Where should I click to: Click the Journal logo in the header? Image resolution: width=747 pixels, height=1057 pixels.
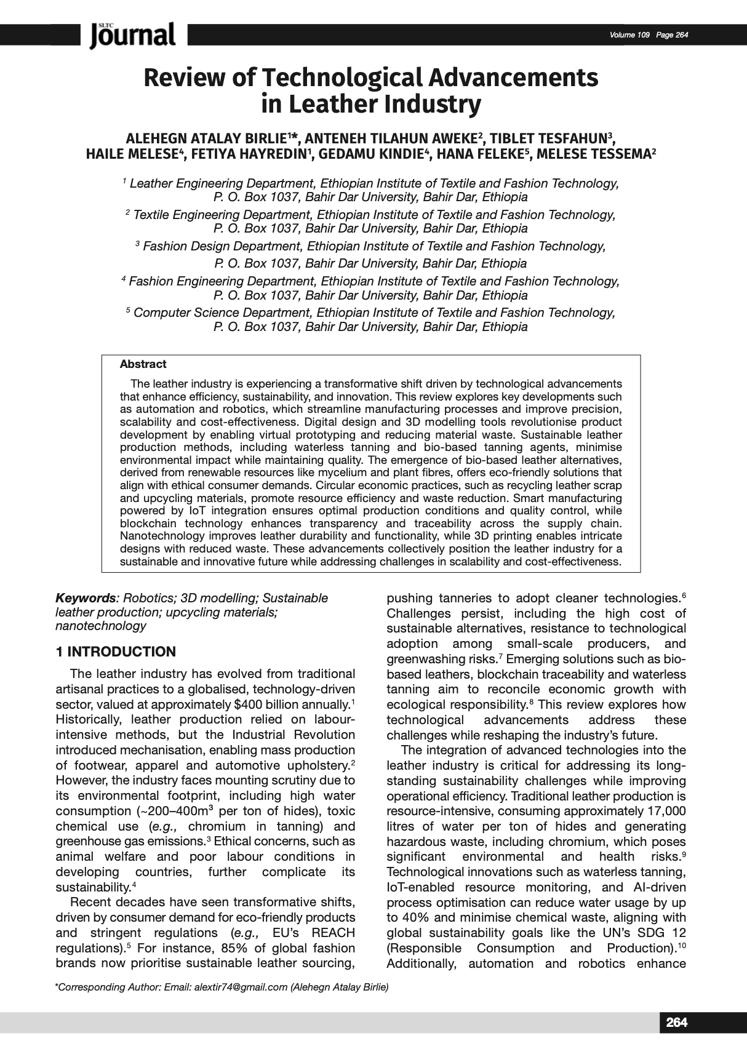tap(132, 35)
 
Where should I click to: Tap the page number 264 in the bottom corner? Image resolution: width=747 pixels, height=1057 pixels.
tap(676, 1022)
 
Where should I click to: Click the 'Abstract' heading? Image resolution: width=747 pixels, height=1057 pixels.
tap(143, 364)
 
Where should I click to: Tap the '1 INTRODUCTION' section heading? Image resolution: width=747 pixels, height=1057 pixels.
tap(116, 652)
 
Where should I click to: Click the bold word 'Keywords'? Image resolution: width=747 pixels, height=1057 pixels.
tap(86, 598)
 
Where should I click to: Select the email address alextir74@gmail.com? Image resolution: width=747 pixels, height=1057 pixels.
tap(241, 987)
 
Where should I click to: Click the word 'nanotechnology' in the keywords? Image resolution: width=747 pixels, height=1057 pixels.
tap(101, 626)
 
